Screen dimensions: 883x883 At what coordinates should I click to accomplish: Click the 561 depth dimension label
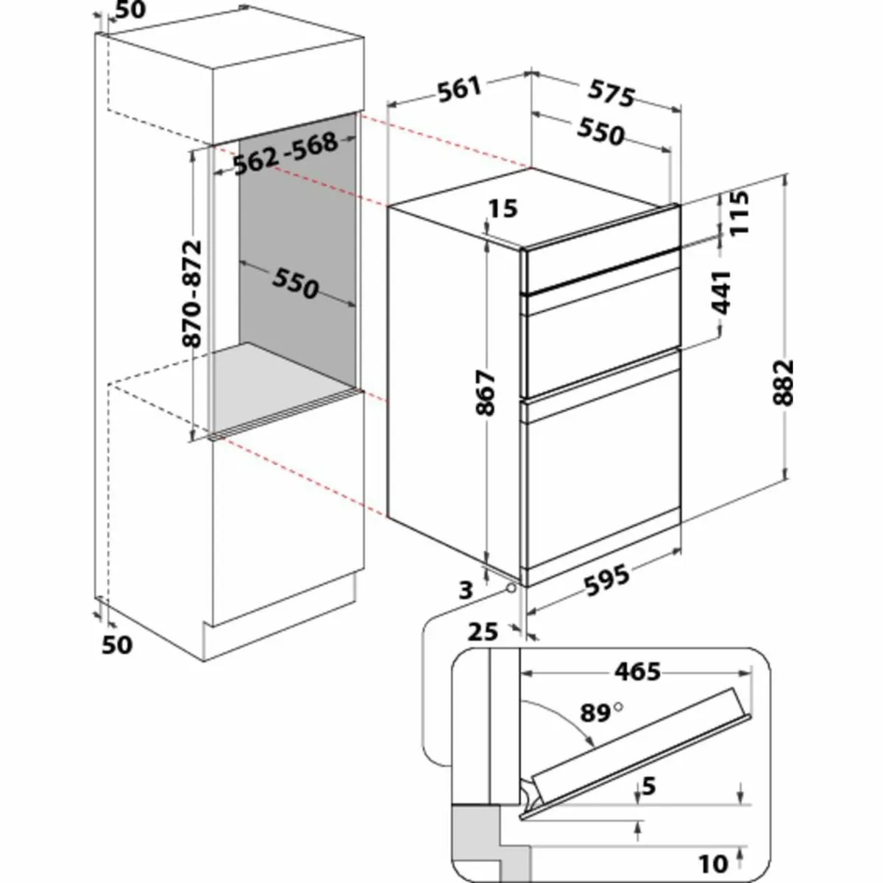point(459,89)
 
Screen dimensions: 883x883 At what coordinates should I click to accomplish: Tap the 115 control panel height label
point(739,213)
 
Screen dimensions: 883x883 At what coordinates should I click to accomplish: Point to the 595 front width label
point(608,579)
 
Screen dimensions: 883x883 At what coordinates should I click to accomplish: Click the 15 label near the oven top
point(503,209)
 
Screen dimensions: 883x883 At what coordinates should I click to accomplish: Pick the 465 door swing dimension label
point(638,671)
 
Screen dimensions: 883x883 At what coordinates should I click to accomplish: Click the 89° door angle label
point(597,712)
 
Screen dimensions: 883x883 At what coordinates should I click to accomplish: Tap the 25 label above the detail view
point(483,631)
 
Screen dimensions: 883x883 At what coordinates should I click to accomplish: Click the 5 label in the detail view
point(648,787)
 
